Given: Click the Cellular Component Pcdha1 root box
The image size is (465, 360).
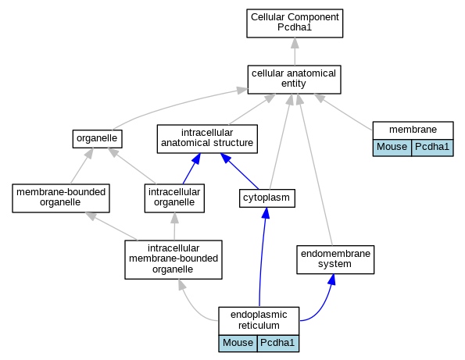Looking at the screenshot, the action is [295, 23].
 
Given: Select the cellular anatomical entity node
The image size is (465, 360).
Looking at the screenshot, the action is [294, 80].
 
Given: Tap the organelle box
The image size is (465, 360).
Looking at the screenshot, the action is [97, 139].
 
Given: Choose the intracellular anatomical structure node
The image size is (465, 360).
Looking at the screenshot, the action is [207, 139].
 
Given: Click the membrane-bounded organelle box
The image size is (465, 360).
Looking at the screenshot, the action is [61, 198].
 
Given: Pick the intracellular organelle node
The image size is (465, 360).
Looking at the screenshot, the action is [174, 198].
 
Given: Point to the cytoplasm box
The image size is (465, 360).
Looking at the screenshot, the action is [267, 198].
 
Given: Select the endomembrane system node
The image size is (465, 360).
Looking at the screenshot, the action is [335, 259].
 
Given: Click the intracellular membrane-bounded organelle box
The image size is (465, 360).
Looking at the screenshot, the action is [173, 259].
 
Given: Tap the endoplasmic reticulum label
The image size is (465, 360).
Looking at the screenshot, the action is [259, 320].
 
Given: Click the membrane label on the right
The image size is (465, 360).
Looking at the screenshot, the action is [413, 130].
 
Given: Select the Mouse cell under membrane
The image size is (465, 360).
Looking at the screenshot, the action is [392, 148].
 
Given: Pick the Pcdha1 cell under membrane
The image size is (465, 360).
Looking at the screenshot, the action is [432, 148].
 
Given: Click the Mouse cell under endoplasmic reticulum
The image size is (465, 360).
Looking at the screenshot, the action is [238, 343].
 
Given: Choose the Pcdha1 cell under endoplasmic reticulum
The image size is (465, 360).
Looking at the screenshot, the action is [278, 343].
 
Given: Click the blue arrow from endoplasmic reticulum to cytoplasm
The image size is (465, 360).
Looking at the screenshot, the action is [262, 257].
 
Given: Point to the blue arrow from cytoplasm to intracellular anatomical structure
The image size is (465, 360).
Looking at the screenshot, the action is [239, 171].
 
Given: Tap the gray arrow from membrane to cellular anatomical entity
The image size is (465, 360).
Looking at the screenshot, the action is [343, 112].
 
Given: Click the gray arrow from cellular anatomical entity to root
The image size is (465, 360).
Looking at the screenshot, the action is [295, 52].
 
